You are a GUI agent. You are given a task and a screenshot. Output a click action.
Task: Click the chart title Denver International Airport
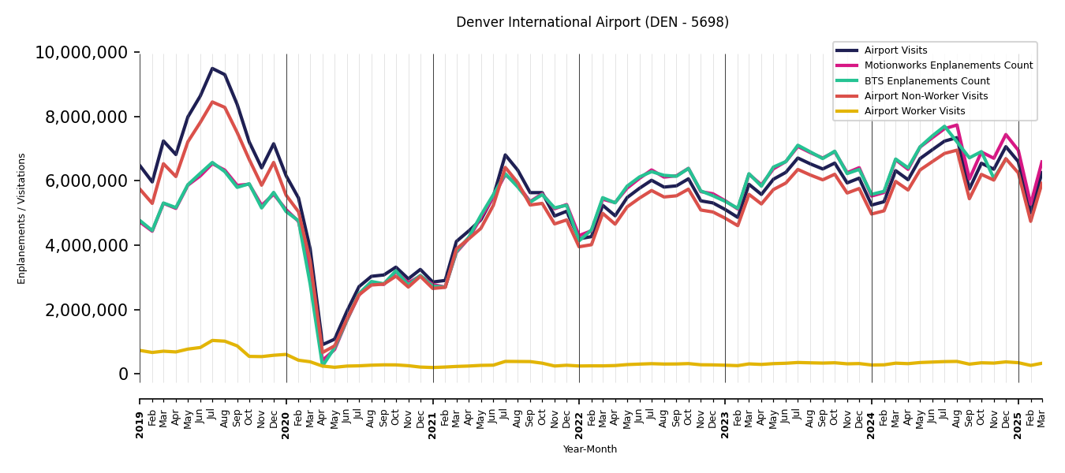tap(592, 22)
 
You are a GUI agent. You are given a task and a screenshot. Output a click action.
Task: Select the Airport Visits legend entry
tap(895, 50)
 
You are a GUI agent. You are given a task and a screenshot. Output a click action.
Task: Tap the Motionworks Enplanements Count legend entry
tap(947, 65)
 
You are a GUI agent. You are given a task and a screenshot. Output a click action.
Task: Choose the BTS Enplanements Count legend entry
tap(926, 81)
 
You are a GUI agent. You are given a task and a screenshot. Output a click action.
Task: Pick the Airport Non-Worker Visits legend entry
tap(925, 96)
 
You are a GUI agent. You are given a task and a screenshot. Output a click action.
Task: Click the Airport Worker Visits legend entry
tap(914, 111)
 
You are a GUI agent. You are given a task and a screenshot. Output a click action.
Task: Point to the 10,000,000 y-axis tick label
tap(81, 53)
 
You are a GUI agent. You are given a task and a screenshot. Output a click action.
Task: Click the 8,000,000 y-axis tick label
tap(87, 117)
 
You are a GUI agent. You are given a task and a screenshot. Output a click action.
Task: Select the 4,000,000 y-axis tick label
tap(87, 245)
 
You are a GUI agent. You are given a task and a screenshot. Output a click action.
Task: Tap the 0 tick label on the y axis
tap(123, 374)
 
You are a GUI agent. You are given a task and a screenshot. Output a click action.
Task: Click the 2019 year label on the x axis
tap(140, 425)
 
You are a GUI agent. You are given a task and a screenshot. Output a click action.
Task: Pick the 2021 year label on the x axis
tap(433, 425)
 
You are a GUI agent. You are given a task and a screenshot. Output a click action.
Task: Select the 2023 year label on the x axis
tap(726, 425)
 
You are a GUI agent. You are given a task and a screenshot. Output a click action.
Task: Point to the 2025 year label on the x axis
tap(1018, 425)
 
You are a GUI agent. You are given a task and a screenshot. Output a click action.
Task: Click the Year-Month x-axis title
tap(590, 449)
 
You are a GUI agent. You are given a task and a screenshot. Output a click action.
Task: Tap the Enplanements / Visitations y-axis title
tap(22, 218)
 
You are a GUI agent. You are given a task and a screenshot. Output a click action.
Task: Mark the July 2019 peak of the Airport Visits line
tap(212, 69)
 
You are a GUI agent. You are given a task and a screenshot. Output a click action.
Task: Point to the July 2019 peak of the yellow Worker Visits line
tap(212, 341)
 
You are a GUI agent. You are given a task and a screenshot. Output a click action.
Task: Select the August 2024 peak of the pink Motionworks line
tap(957, 125)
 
